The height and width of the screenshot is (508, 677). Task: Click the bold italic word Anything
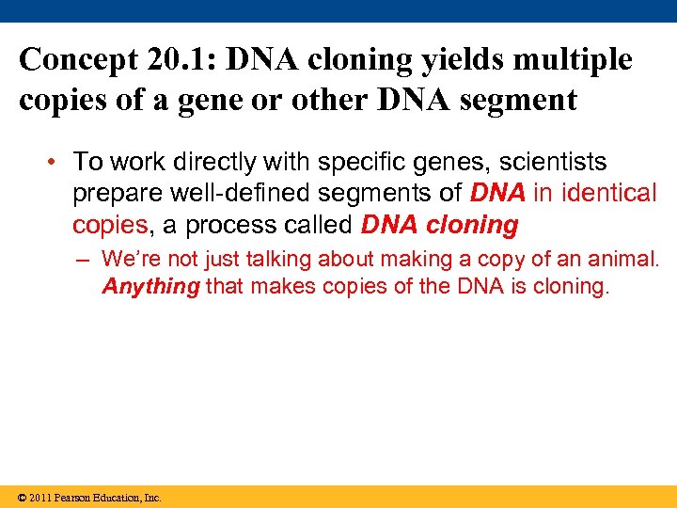point(150,286)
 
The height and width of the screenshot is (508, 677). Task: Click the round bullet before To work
point(58,162)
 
